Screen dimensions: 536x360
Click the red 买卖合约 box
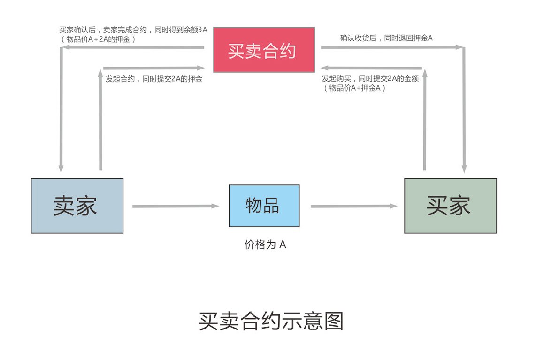coord(264,50)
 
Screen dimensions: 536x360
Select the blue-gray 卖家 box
coord(77,206)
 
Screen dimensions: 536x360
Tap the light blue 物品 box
coord(264,206)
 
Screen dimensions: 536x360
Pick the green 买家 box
coord(451,206)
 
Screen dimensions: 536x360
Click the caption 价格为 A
coord(265,245)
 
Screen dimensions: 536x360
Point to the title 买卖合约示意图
coord(271,321)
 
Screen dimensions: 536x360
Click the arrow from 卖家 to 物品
coord(176,206)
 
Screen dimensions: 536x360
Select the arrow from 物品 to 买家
coord(354,206)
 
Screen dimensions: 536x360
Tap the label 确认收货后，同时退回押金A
coord(386,38)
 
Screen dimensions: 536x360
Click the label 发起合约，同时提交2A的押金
coord(154,79)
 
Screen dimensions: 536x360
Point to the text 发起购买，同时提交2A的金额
coord(370,79)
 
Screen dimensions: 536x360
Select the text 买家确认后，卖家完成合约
coord(103,30)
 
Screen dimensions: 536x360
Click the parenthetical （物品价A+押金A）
coord(354,88)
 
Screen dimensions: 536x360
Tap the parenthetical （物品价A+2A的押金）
coord(98,39)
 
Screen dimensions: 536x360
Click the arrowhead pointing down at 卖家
coord(61,169)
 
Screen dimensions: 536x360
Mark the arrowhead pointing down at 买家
coord(464,169)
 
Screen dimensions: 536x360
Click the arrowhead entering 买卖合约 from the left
coord(201,68)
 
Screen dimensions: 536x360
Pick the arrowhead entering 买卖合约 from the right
coord(325,68)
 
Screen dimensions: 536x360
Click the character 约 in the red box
coord(288,51)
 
